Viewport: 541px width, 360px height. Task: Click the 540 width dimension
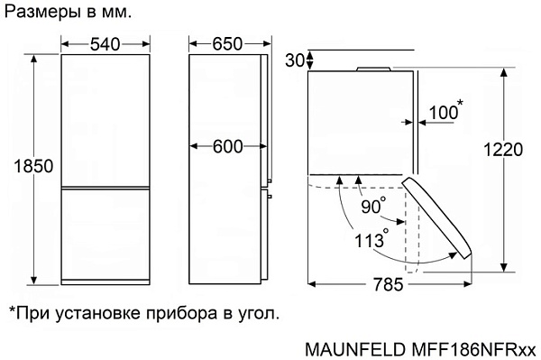tap(105, 44)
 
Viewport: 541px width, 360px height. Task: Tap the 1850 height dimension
tap(33, 166)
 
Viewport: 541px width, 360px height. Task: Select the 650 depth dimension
tap(227, 44)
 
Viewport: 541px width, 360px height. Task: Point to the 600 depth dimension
tap(228, 147)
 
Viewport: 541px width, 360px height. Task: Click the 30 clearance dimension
tap(294, 60)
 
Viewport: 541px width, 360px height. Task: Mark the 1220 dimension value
tap(503, 150)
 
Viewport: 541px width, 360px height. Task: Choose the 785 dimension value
tap(388, 285)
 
